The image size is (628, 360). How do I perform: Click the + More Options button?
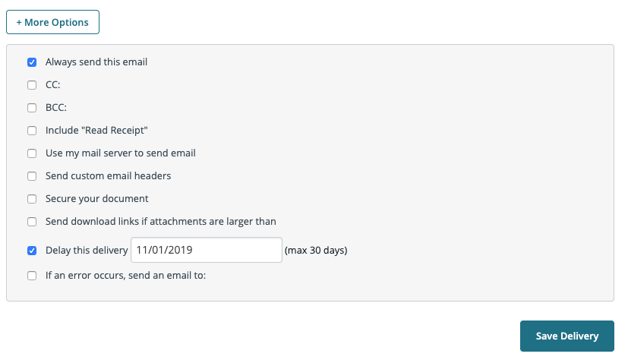click(52, 22)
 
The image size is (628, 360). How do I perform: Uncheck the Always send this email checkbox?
click(32, 62)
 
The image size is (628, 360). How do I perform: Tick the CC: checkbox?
click(32, 85)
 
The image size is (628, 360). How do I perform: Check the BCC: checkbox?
click(32, 108)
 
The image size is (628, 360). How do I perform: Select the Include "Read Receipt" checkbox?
click(32, 131)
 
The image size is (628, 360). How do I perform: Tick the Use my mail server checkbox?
click(32, 153)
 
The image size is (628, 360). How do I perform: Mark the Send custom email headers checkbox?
click(32, 176)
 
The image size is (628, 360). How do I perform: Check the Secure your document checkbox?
click(32, 199)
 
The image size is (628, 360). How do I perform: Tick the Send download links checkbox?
click(32, 222)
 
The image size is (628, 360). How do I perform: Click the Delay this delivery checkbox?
click(32, 251)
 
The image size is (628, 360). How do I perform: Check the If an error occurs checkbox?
click(32, 276)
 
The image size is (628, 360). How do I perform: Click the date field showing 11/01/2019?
click(207, 251)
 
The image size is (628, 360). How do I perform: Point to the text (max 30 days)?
click(316, 251)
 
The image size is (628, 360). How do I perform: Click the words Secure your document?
click(97, 199)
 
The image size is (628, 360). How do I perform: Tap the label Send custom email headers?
click(108, 175)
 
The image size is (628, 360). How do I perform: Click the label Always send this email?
click(96, 62)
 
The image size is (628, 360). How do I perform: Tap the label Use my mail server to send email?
click(121, 153)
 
